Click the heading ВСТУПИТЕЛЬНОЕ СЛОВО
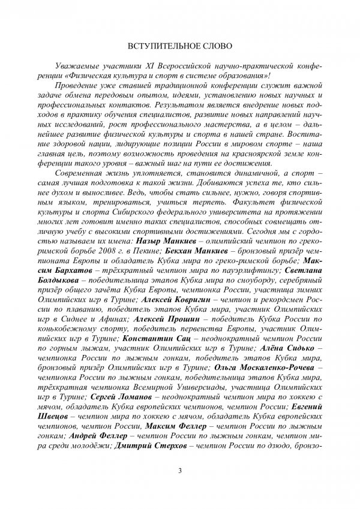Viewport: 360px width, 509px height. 179,46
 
